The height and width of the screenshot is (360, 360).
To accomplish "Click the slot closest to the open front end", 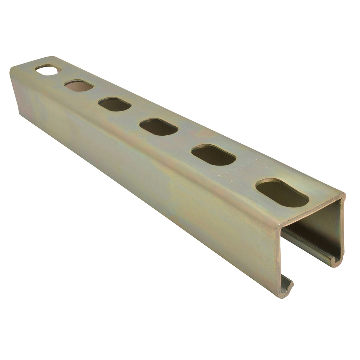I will point(282,193).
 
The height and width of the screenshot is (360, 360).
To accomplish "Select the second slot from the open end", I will point(213,155).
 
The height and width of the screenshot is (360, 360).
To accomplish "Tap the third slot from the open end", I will point(158,127).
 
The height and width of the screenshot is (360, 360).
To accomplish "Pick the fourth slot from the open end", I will point(114,104).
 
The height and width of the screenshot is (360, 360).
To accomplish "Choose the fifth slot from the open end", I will point(79,85).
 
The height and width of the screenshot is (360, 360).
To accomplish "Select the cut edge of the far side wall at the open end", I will point(342,230).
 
